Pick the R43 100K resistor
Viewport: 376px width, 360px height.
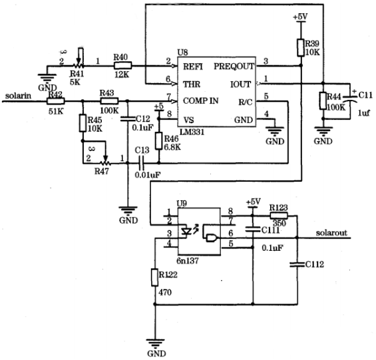108,101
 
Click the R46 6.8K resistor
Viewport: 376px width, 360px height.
158,140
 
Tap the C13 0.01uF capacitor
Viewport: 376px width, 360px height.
141,161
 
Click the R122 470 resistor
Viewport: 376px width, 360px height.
154,277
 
